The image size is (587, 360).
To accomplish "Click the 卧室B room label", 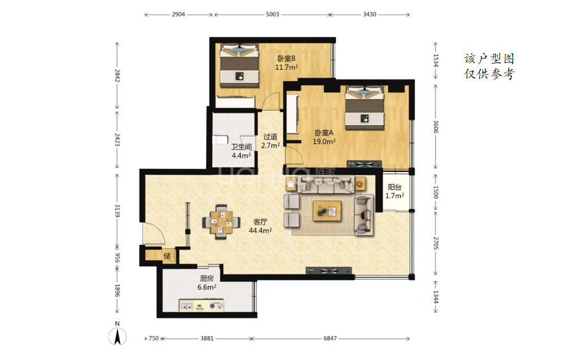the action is click(286, 58).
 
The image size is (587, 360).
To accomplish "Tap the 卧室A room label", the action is click(324, 133).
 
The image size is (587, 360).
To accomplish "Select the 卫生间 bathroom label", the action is click(241, 147).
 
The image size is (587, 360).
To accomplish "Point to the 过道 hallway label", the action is click(270, 137).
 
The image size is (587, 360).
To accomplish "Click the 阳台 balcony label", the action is click(395, 187).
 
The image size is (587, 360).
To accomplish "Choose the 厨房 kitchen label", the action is click(206, 278).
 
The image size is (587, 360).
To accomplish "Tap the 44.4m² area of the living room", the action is click(260, 231).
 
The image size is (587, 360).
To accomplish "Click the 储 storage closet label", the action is click(167, 256).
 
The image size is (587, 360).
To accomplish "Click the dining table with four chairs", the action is click(221, 222).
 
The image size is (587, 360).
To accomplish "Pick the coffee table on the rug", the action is click(327, 211).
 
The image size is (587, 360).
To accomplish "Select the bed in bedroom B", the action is click(239, 66).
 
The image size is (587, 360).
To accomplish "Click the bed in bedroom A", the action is click(365, 108).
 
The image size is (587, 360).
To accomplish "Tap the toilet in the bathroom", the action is click(220, 140).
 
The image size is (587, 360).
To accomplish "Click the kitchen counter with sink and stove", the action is click(201, 306).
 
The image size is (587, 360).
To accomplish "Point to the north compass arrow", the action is click(117, 336).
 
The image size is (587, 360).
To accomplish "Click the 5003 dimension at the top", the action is click(273, 14).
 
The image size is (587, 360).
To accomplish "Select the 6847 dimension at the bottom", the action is click(330, 338).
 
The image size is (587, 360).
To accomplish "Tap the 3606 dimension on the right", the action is click(436, 126).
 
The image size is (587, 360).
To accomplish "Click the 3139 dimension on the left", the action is click(117, 211).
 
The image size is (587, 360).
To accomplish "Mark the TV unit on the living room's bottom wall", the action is click(329, 270).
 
